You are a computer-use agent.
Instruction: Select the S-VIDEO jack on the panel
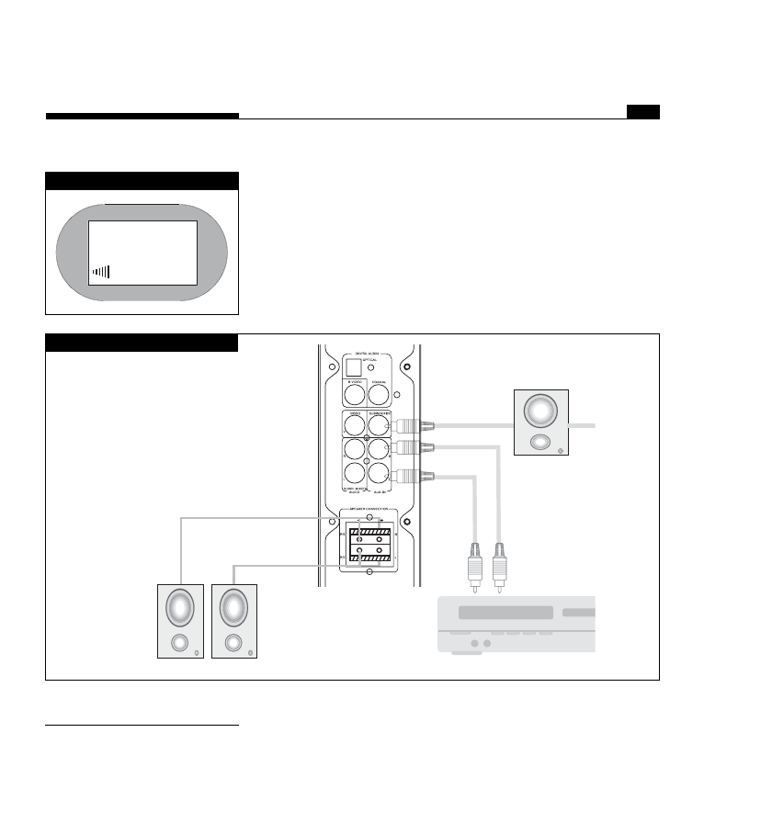[x=356, y=394]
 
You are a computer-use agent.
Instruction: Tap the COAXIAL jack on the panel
[x=380, y=394]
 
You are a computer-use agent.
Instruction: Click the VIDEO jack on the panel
[x=356, y=425]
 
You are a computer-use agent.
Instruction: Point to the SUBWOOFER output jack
[x=380, y=425]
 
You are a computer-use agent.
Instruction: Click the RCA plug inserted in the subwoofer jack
[x=406, y=425]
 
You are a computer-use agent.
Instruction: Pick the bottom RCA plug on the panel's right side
[x=406, y=476]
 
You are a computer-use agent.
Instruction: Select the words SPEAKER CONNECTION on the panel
[x=368, y=511]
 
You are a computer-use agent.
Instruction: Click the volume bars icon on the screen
[x=101, y=272]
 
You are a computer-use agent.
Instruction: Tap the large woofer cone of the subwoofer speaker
[x=541, y=411]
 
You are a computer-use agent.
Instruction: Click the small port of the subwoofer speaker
[x=541, y=442]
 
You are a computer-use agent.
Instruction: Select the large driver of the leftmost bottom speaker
[x=181, y=607]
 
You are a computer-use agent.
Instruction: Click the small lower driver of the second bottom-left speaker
[x=234, y=642]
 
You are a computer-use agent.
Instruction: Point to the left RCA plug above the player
[x=474, y=561]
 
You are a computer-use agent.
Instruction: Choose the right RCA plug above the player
[x=500, y=561]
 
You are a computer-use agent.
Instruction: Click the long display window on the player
[x=505, y=613]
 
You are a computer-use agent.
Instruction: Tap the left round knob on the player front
[x=475, y=645]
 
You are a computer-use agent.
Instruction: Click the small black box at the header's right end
[x=643, y=112]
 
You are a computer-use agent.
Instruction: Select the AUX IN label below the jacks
[x=380, y=493]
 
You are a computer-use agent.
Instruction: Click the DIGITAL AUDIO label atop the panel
[x=368, y=352]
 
